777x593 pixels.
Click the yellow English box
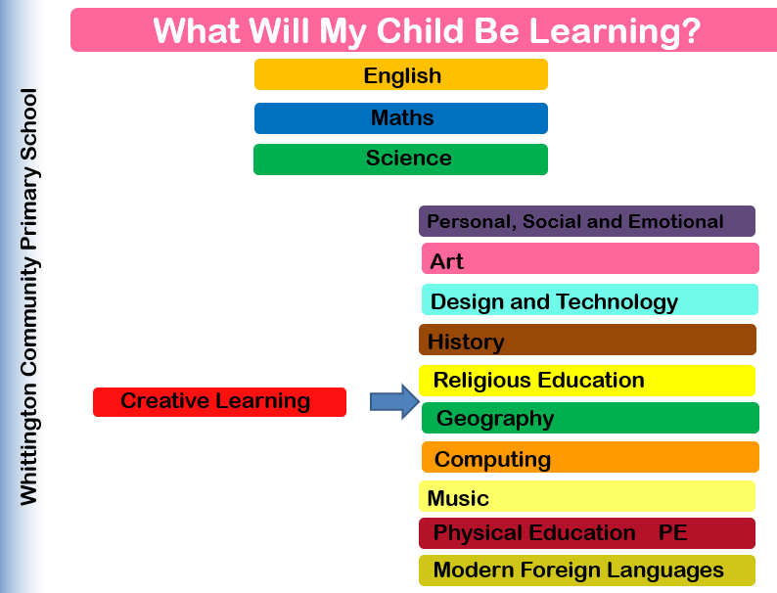click(x=401, y=74)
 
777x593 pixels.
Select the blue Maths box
click(x=401, y=118)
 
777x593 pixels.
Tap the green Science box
click(x=400, y=160)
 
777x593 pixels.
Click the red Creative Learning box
click(x=219, y=402)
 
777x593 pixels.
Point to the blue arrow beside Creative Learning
click(x=395, y=401)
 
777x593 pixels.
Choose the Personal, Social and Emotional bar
click(x=587, y=221)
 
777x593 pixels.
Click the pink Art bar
click(x=590, y=258)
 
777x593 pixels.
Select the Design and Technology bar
click(x=590, y=299)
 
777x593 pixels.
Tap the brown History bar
click(x=588, y=340)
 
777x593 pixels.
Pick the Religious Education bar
click(x=587, y=381)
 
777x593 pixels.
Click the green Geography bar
click(x=590, y=418)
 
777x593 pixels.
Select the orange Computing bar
click(x=590, y=457)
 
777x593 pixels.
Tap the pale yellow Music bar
click(x=587, y=496)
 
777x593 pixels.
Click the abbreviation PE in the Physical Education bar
click(x=672, y=532)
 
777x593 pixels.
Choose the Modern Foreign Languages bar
click(x=587, y=570)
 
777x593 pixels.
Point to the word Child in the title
click(x=420, y=30)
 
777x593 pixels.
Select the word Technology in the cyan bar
click(x=617, y=301)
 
